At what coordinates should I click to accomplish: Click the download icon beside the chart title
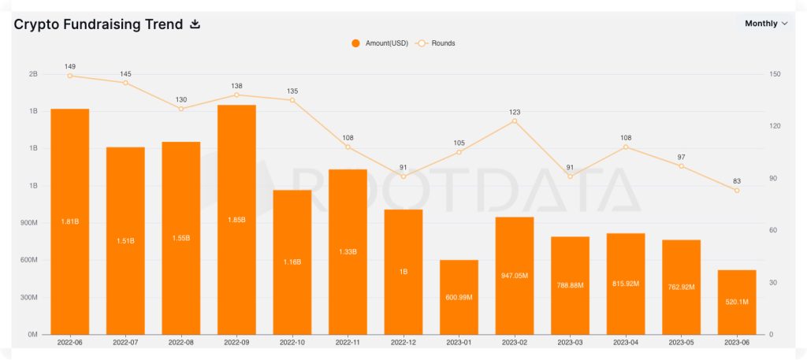coord(195,24)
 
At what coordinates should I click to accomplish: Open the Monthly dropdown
coord(766,24)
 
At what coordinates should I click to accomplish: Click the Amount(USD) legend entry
coord(380,43)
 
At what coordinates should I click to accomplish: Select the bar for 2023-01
coord(459,297)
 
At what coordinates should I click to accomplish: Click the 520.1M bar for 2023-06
coord(737,302)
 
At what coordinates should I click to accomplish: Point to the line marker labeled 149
coord(70,76)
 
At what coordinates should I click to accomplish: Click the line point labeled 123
coord(515,121)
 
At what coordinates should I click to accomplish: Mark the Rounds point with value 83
coord(737,190)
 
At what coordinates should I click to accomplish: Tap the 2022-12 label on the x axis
coord(403,343)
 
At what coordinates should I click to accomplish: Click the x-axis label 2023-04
coord(626,343)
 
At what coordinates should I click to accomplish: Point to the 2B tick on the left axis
coord(33,74)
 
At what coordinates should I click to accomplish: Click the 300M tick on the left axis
coord(28,298)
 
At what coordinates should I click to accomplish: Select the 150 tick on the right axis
coord(775,74)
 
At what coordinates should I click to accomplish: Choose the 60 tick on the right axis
coord(774,231)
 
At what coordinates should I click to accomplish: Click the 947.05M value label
coord(515,276)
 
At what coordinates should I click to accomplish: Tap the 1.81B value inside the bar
coord(70,221)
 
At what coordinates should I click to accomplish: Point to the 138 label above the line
coord(236,84)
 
